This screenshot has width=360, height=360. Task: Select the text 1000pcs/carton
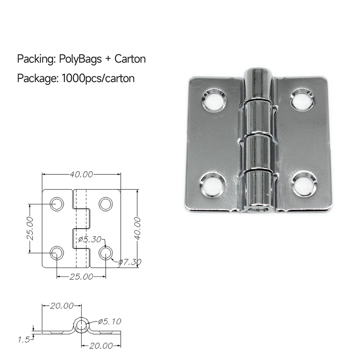[x=98, y=78]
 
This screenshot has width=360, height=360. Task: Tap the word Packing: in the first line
[x=35, y=59]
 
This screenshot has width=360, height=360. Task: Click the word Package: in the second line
[x=37, y=78]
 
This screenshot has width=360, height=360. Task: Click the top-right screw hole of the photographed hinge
[x=302, y=99]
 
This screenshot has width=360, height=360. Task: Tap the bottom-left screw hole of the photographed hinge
[x=212, y=184]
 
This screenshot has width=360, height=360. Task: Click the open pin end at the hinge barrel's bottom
[x=258, y=208]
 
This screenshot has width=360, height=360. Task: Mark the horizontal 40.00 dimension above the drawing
[x=81, y=175]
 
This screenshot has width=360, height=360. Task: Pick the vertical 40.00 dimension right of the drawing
[x=137, y=228]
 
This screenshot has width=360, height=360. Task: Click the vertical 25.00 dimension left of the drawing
[x=30, y=228]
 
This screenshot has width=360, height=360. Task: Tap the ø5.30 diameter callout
[x=90, y=238]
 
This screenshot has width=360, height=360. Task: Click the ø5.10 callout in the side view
[x=110, y=321]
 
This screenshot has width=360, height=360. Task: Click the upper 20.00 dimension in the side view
[x=62, y=306]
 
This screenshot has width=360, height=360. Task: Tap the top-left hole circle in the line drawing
[x=57, y=204]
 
